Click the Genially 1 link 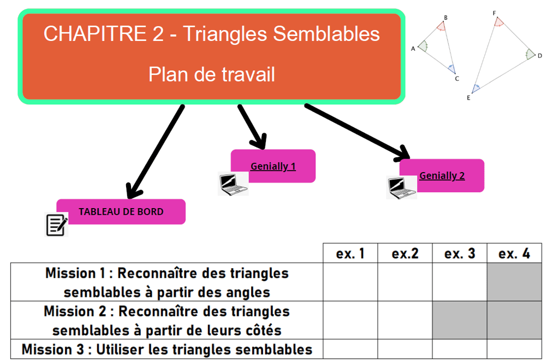[273, 166]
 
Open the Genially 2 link [442, 175]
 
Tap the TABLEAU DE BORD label [121, 211]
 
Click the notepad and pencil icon [56, 225]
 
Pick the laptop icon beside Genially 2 [401, 187]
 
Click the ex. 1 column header [350, 253]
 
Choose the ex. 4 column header [514, 253]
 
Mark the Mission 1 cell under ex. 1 [350, 282]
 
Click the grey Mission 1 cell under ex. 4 [514, 282]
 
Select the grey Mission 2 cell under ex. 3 [460, 320]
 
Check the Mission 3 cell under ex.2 [405, 349]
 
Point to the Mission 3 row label [166, 349]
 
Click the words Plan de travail [211, 74]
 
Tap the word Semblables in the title [326, 34]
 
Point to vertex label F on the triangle [494, 13]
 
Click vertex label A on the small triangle [413, 49]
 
